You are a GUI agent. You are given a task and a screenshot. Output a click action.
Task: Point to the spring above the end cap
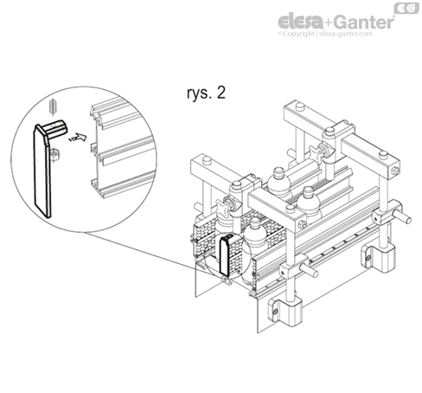(53, 107)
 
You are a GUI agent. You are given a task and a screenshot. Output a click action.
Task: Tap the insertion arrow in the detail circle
(80, 135)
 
